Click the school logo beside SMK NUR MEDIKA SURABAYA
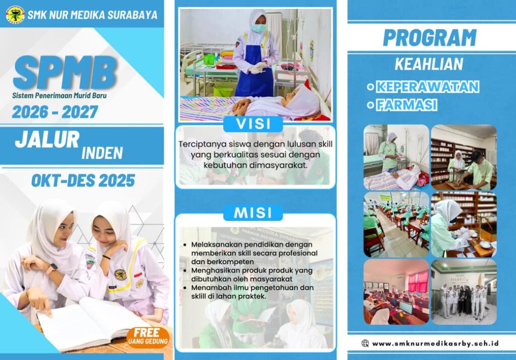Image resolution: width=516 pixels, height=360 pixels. tap(15, 15)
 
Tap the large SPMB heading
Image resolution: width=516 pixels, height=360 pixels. tap(65, 73)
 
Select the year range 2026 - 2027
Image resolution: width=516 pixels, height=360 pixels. tap(55, 112)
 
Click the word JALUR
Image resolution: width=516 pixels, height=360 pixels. tap(47, 139)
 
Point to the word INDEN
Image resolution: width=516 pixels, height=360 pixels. tap(102, 153)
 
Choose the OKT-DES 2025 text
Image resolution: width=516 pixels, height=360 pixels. tap(83, 181)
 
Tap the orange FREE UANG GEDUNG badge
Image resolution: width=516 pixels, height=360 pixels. tap(147, 337)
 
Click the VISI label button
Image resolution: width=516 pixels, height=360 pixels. tap(253, 124)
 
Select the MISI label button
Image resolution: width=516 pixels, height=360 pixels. tap(253, 213)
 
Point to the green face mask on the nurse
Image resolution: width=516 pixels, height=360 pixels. tap(259, 28)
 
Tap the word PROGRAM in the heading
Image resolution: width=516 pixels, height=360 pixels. tap(430, 37)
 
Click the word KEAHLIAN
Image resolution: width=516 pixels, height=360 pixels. tap(429, 64)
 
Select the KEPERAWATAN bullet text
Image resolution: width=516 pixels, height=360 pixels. tap(427, 87)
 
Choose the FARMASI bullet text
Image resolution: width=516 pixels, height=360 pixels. tap(407, 105)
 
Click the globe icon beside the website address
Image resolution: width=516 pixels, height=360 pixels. tap(365, 343)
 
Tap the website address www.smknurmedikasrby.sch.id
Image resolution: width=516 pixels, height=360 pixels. tap(435, 343)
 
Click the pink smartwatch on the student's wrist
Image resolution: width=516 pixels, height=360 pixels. tap(50, 269)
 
